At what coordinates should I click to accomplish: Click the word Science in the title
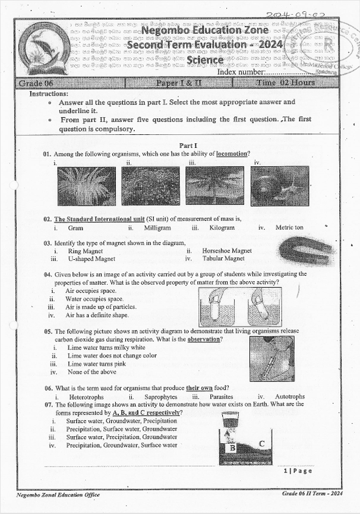[x=205, y=60]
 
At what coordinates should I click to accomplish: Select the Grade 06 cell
[x=35, y=83]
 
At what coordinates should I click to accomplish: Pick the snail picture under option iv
[x=279, y=186]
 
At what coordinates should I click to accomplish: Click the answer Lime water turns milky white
[x=106, y=348]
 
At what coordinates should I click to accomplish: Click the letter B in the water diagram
[x=233, y=448]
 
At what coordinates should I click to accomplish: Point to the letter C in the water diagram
[x=261, y=443]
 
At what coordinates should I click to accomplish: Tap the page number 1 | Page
[x=298, y=471]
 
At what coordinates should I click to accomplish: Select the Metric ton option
[x=289, y=228]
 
